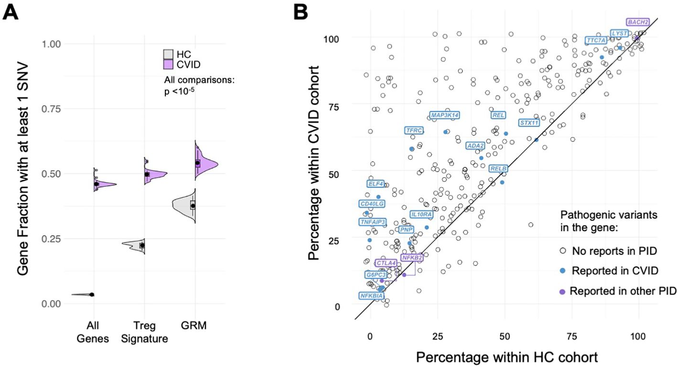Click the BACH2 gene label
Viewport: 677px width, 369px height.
[638, 22]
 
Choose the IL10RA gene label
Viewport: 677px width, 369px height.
[421, 215]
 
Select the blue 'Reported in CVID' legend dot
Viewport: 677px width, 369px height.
[563, 271]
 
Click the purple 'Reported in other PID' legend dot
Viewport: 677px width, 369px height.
[563, 291]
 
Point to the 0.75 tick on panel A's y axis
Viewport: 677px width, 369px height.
[51, 109]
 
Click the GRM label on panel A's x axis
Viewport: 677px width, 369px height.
[195, 326]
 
